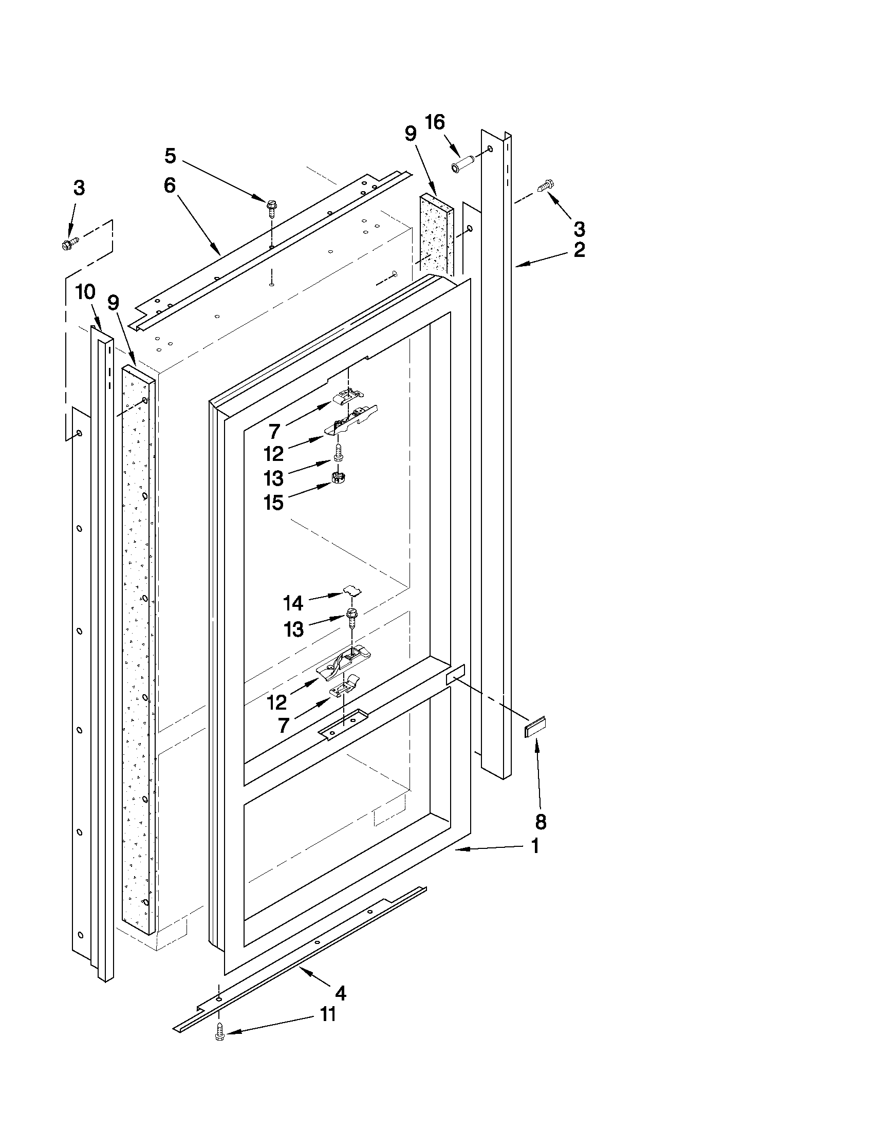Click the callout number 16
[434, 122]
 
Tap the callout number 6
[170, 185]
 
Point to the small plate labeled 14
[352, 590]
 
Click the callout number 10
[85, 292]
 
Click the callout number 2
[580, 250]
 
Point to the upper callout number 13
[273, 478]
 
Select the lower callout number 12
[276, 702]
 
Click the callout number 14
[293, 603]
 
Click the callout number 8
[541, 822]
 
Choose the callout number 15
[273, 503]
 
